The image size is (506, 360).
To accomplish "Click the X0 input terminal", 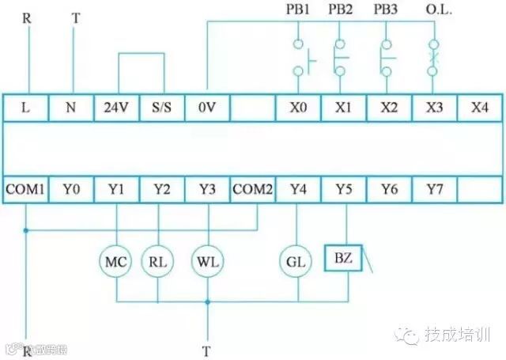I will click(x=298, y=107).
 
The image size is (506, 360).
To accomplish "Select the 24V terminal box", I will click(x=116, y=107).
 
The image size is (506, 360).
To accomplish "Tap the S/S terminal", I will click(x=161, y=107).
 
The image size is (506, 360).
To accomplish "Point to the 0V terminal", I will click(x=207, y=107).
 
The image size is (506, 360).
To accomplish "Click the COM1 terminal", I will click(x=25, y=189).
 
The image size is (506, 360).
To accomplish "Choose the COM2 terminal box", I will click(x=253, y=189).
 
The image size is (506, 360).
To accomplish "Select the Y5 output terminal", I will click(x=343, y=189).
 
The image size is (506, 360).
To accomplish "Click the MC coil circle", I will click(x=116, y=260).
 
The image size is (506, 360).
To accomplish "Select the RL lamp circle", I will click(x=158, y=260).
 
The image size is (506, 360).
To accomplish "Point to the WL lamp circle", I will click(x=207, y=260).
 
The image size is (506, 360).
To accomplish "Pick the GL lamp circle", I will click(x=297, y=260).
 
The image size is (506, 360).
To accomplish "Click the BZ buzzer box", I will click(x=343, y=259).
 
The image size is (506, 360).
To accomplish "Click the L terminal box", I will click(x=25, y=107).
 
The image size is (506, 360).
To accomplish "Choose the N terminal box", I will click(x=71, y=107).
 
